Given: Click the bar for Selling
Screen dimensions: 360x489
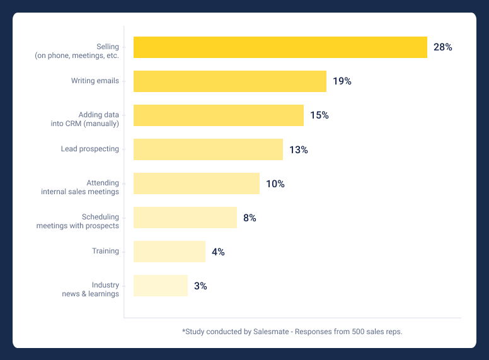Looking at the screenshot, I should tap(280, 47).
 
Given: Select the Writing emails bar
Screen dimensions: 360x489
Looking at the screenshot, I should tap(230, 81).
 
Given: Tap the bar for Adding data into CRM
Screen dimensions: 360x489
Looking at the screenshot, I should tap(219, 115).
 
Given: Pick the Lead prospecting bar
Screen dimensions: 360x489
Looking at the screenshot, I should tap(208, 149).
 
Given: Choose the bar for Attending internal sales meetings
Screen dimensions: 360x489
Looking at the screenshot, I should tap(197, 183).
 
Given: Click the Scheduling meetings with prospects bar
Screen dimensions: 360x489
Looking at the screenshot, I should tap(185, 218).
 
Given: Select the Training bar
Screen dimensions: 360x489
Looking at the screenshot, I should tap(170, 252).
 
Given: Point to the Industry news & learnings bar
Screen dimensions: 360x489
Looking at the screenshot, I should tap(161, 286).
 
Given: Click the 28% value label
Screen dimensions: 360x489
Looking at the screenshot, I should tap(442, 47).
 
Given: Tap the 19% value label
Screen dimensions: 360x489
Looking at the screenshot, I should tap(342, 81).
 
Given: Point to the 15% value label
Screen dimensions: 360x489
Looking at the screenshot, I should tap(319, 115).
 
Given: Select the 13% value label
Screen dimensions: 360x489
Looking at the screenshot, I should tap(299, 150).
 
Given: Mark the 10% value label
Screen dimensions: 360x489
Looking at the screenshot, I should tap(275, 184).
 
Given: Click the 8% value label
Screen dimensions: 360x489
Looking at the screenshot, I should tap(250, 218).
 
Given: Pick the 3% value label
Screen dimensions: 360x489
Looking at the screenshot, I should tap(200, 286).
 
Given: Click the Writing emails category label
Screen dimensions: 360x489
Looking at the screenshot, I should tap(95, 81).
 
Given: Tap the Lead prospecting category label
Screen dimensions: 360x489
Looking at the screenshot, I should tap(89, 149).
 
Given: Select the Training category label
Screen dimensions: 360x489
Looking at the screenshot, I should tap(105, 251).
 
